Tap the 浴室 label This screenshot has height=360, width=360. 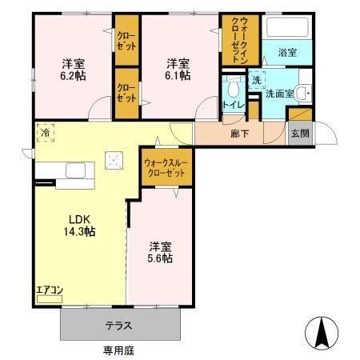point(287,52)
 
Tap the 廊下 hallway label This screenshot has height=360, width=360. point(239,134)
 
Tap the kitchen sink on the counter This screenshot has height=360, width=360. point(78,170)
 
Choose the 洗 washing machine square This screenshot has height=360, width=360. point(257,81)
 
